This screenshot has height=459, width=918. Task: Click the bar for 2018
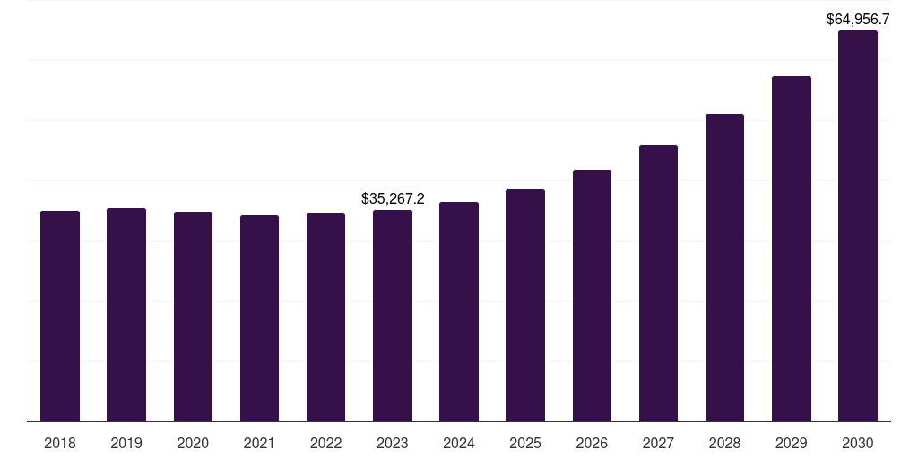(60, 316)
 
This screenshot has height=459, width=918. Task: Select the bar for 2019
(126, 315)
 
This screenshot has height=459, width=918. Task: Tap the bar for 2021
(259, 318)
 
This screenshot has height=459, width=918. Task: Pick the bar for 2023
(393, 316)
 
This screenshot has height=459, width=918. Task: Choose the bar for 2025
(525, 305)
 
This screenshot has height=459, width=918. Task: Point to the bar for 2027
(658, 283)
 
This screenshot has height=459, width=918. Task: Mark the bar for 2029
(792, 248)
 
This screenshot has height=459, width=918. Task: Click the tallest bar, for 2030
(858, 226)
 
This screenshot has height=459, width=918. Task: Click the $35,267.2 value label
(393, 198)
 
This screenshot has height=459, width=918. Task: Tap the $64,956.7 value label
(858, 19)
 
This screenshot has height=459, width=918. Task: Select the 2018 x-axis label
(60, 443)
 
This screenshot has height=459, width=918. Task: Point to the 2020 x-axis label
(193, 443)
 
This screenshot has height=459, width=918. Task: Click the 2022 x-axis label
(325, 443)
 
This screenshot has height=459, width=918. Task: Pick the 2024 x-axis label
(459, 443)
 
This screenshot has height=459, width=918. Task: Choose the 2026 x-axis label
(592, 443)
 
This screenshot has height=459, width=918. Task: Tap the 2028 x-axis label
(724, 443)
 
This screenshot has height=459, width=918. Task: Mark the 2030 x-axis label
(858, 443)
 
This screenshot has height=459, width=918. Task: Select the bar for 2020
(193, 316)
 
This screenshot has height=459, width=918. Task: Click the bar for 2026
(592, 296)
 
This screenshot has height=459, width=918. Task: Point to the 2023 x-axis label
(393, 443)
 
